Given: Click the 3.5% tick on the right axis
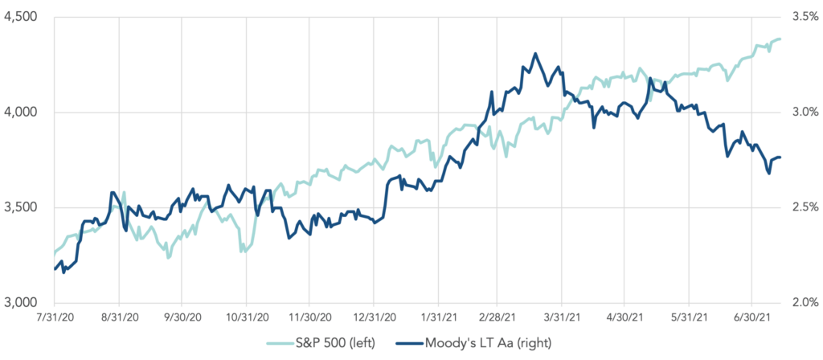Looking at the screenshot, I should pyautogui.click(x=805, y=17).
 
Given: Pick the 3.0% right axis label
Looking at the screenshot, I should pyautogui.click(x=805, y=112).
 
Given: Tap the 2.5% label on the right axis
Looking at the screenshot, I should pyautogui.click(x=805, y=208).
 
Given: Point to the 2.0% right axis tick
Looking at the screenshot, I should pyautogui.click(x=805, y=303).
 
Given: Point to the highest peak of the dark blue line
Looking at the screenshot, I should pyautogui.click(x=535, y=55).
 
